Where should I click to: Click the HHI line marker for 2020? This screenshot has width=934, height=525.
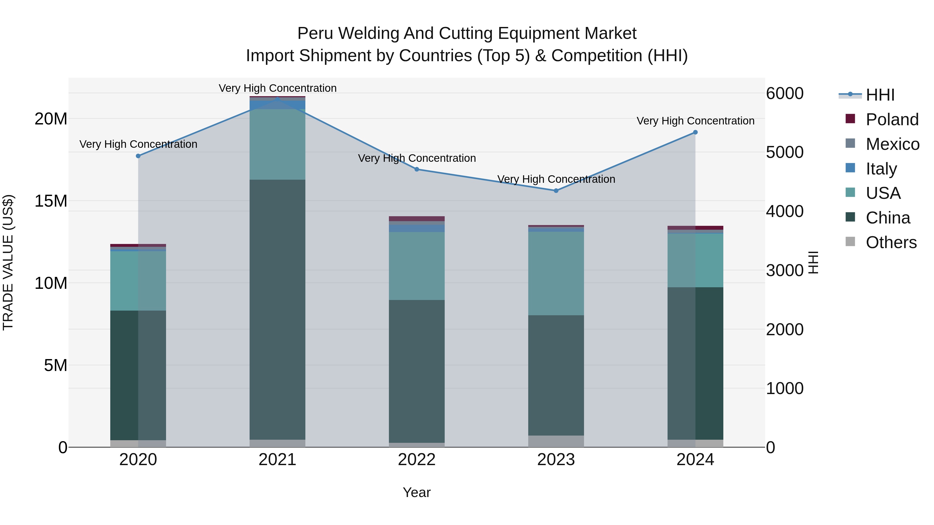[x=138, y=156]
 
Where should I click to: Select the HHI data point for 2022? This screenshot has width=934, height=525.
[x=417, y=169]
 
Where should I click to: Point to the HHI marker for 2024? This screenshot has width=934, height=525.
[x=695, y=132]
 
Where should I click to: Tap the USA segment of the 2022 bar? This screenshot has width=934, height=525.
[x=417, y=266]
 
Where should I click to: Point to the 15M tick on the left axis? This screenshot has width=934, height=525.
[x=51, y=201]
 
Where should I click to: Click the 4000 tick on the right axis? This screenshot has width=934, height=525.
[x=785, y=211]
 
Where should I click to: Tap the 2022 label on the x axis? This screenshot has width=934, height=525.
[x=417, y=460]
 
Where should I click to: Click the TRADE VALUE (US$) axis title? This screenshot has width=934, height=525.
[x=8, y=262]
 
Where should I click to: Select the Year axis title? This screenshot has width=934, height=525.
[x=417, y=492]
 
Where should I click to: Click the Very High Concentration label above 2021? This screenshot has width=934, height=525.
[x=277, y=88]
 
